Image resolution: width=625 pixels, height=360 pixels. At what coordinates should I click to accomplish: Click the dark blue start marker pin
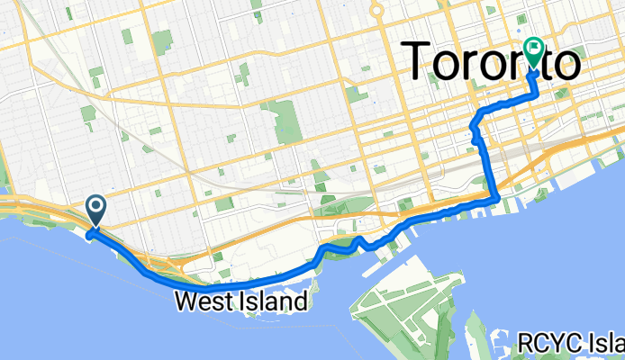coord(95,211)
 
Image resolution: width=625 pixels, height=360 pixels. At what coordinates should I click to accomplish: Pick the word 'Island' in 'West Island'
coord(276,301)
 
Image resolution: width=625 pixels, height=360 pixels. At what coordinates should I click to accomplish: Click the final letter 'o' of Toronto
coord(561,63)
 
